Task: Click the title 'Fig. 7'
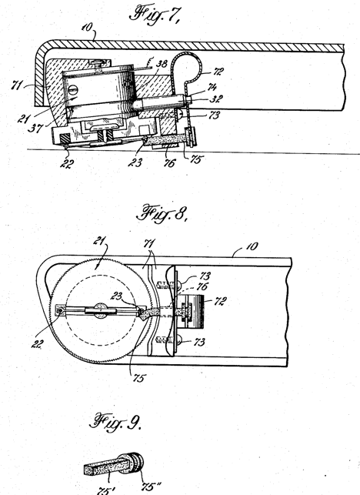coord(155,15)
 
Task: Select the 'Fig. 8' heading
coord(162,213)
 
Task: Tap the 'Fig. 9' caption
coord(115,422)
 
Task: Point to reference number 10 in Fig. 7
coord(87,27)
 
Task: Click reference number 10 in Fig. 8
coord(252,246)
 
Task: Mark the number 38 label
coord(162,65)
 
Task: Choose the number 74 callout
coord(212,86)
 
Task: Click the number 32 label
coord(216,99)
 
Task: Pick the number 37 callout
coord(35,128)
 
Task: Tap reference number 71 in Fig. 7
coord(18,85)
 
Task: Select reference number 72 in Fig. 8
coord(220,301)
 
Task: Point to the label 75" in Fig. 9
coord(151,487)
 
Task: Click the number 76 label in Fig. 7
coord(169,163)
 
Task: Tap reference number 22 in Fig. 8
coord(37,344)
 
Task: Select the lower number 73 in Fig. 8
coord(198,342)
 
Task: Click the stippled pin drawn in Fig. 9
coord(114,463)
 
